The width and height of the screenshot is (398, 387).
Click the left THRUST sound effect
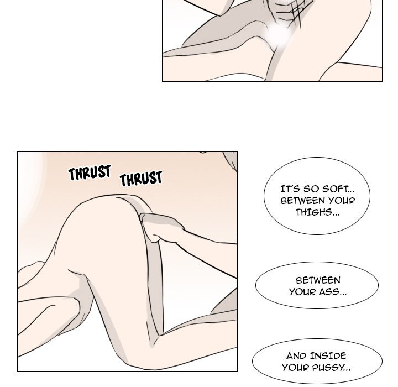90,173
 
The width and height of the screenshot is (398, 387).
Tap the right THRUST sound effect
141,179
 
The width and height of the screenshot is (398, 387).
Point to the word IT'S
291,189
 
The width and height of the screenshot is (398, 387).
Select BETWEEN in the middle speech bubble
318,280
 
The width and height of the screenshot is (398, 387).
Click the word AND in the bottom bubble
297,356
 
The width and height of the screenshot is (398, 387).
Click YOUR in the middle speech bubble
301,291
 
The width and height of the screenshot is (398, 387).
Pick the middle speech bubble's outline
256,285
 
